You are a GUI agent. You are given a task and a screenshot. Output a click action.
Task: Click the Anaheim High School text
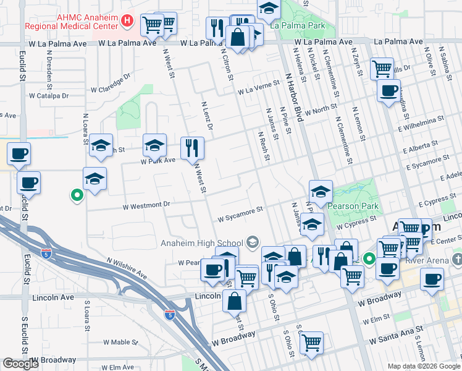pyautogui.click(x=201, y=242)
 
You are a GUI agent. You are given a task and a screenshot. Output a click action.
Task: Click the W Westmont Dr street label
pyautogui.click(x=146, y=205)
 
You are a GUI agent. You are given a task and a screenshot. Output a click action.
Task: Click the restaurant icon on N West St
pyautogui.click(x=192, y=148)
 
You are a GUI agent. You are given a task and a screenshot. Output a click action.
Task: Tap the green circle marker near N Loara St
pyautogui.click(x=77, y=196)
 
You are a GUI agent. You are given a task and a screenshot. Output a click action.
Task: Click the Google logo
pyautogui.click(x=20, y=364)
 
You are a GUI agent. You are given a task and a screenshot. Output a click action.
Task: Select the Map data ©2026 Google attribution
pyautogui.click(x=424, y=366)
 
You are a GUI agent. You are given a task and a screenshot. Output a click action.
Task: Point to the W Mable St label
pyautogui.click(x=120, y=342)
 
